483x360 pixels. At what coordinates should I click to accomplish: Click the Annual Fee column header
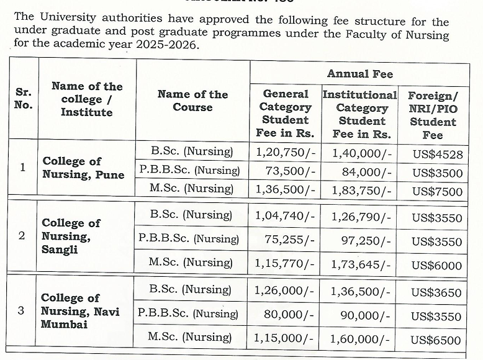pos(360,74)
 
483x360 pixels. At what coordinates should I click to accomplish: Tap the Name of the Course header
pos(192,101)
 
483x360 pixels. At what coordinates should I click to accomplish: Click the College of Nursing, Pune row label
pos(83,168)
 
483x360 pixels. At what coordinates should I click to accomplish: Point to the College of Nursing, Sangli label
pos(71,236)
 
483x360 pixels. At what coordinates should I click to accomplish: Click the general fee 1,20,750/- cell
pos(285,151)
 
